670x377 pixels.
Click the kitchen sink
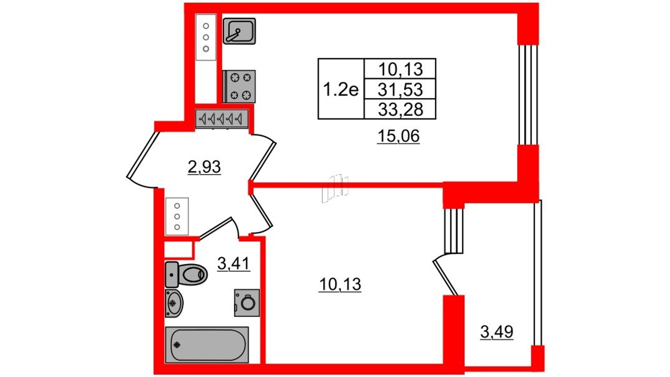(x=239, y=31)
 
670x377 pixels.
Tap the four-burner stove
(x=239, y=87)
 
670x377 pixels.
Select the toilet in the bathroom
(x=186, y=274)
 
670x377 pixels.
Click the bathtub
(x=207, y=345)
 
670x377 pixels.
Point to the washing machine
(x=247, y=303)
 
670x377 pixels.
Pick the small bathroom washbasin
(x=174, y=303)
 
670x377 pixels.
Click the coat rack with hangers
(x=222, y=119)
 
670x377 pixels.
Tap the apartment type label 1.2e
(x=341, y=89)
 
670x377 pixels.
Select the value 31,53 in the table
(x=400, y=89)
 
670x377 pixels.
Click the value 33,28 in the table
(x=400, y=109)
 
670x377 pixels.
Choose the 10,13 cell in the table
(x=400, y=69)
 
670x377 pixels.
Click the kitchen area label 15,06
(x=398, y=136)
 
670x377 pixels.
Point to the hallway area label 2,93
(x=204, y=167)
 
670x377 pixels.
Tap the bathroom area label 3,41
(x=233, y=263)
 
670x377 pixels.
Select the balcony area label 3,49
(x=497, y=332)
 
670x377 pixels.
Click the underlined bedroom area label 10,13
(x=340, y=284)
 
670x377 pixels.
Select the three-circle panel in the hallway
(x=177, y=216)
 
